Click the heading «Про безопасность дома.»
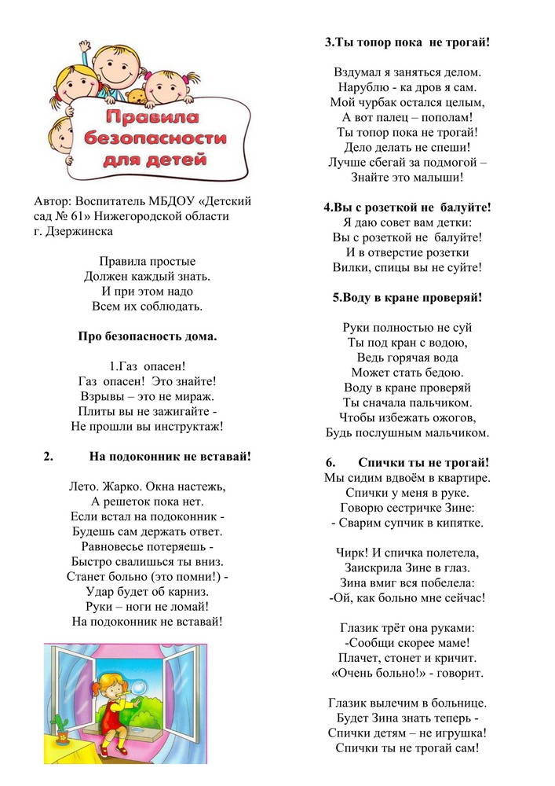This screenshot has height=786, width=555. [147, 336]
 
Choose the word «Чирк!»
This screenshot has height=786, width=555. [359, 552]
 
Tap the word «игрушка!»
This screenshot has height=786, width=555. [452, 732]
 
